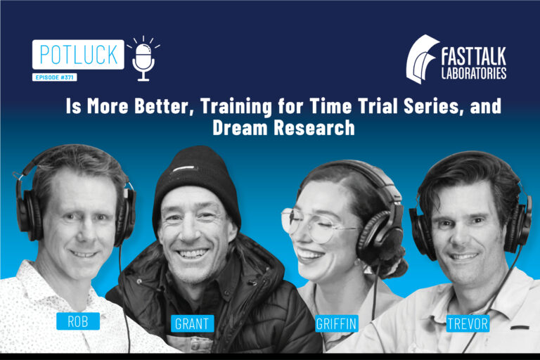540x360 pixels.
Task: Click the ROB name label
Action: [77, 321]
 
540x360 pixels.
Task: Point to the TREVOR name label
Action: [467, 323]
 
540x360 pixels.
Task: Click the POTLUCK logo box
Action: [77, 54]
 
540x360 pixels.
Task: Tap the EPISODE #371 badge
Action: [58, 77]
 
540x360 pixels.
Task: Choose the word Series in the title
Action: [424, 109]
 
